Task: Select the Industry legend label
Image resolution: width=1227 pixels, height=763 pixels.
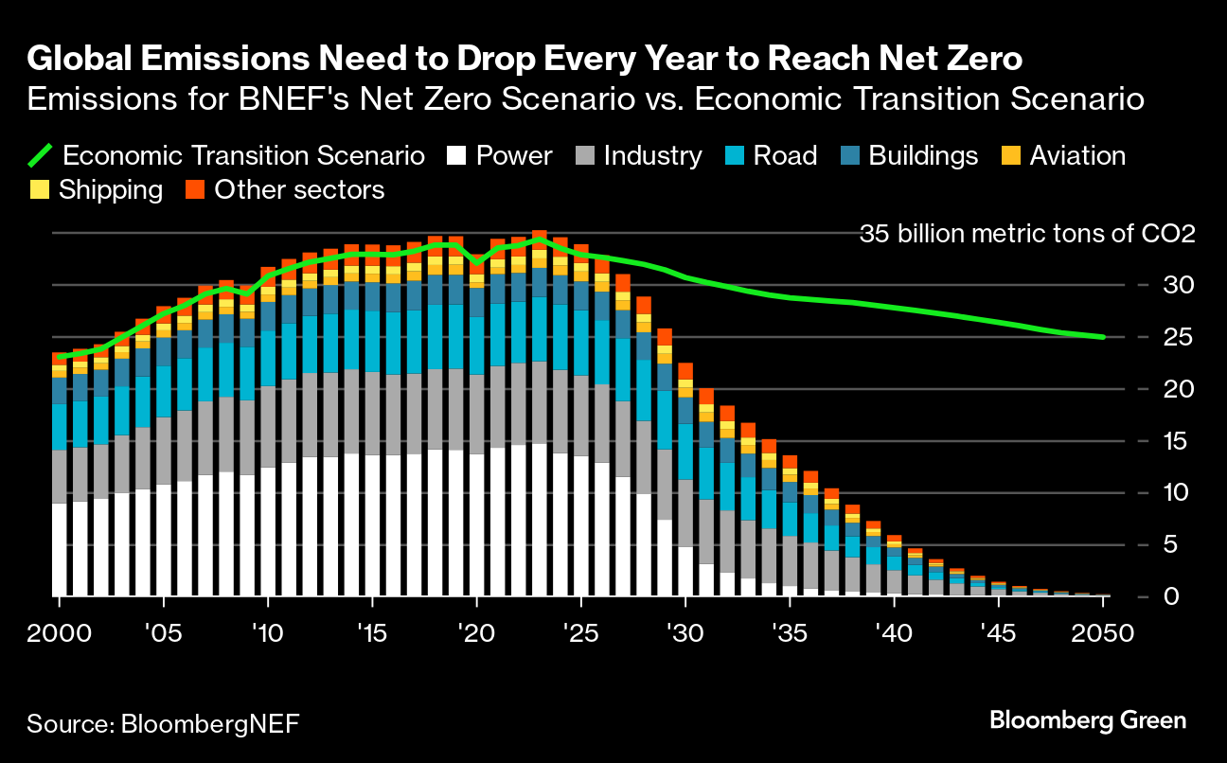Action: click(x=652, y=156)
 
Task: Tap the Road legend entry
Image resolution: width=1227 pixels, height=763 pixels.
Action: click(x=785, y=156)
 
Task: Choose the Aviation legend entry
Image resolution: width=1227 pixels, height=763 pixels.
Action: click(x=1077, y=156)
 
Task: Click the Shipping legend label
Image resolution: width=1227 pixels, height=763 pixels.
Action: click(x=110, y=190)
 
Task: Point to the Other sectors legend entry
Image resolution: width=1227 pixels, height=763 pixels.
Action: click(x=299, y=190)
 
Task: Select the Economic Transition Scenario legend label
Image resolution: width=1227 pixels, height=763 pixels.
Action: click(x=243, y=156)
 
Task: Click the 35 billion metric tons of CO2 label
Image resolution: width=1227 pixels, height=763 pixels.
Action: click(x=1027, y=234)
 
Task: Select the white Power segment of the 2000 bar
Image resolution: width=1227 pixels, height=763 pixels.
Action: click(x=59, y=550)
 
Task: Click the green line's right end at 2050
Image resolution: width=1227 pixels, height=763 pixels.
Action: click(x=1102, y=337)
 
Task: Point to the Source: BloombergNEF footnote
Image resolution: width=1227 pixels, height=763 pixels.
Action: click(x=163, y=725)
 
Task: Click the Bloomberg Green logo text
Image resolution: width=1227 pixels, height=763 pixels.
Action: click(x=1088, y=720)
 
